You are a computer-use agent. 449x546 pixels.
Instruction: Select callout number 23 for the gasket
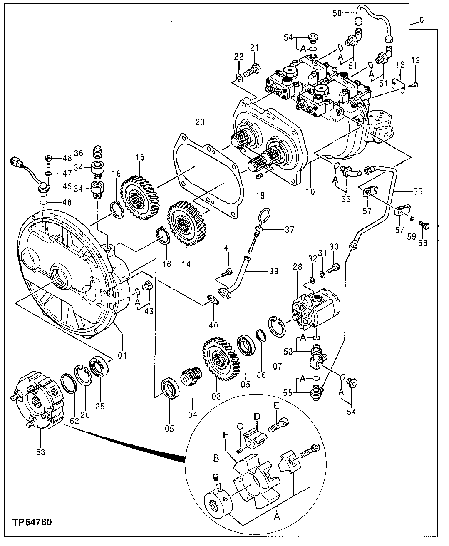pos(201,123)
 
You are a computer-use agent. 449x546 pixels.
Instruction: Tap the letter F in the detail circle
pos(226,434)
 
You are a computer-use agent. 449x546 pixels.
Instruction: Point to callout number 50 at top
pos(337,13)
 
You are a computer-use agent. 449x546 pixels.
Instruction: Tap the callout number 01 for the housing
pos(122,355)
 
